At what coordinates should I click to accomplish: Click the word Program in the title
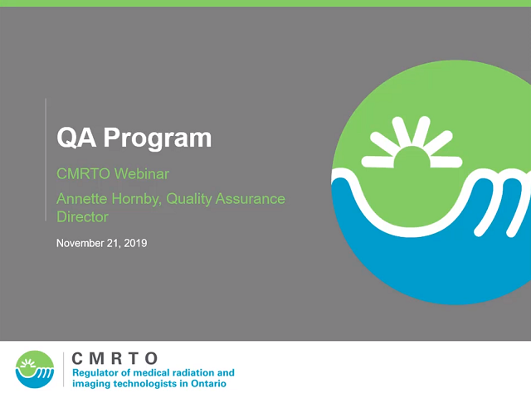click(158, 138)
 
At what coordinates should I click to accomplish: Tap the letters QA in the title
click(76, 138)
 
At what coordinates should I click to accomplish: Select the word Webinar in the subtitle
click(142, 174)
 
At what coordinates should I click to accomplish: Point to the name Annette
click(82, 199)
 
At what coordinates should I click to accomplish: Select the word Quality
click(189, 199)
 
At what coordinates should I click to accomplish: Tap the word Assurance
click(251, 199)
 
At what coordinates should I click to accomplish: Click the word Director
click(82, 217)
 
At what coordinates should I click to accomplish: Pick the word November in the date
click(80, 243)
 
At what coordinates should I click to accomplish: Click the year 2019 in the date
click(135, 243)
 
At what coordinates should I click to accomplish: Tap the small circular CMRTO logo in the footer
click(35, 369)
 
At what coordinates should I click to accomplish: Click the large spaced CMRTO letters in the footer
click(114, 358)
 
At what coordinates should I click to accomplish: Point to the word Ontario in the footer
click(208, 384)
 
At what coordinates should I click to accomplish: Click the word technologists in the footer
click(146, 384)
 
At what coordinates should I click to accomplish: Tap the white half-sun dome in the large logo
click(412, 157)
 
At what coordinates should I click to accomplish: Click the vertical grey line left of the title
click(46, 160)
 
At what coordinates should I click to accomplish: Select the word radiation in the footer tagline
click(197, 373)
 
